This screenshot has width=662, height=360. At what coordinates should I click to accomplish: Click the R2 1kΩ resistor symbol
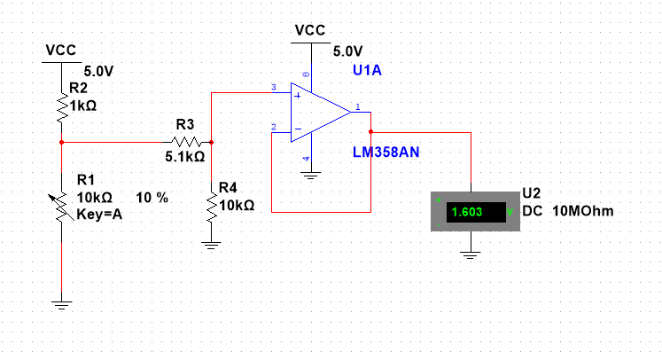[61, 108]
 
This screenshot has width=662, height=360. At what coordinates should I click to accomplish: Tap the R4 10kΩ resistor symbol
[211, 206]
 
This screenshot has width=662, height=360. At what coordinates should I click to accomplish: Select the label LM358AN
[386, 153]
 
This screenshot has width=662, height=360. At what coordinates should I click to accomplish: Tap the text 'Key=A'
[99, 213]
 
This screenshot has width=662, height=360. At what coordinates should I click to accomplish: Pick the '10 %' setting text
[152, 197]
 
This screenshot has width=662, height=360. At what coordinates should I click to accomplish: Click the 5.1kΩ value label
[185, 156]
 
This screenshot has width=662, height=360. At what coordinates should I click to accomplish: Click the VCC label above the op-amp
[310, 29]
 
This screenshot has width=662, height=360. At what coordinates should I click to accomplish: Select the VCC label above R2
[61, 50]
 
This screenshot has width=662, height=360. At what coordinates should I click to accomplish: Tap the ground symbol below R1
[61, 305]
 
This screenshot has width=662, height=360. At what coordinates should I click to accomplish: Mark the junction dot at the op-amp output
[370, 132]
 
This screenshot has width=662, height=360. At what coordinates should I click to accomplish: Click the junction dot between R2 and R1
[61, 141]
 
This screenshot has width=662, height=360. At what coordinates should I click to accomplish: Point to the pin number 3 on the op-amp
[274, 87]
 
